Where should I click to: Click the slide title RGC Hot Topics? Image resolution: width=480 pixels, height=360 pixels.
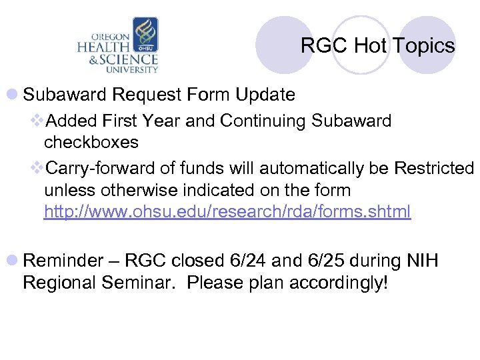(377, 46)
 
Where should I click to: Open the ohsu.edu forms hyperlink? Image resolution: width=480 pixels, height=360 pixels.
(227, 213)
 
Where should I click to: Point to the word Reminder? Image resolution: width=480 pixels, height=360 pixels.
(63, 260)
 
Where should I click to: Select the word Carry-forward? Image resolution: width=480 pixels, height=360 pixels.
(96, 167)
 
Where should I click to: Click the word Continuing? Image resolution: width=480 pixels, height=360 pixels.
(270, 121)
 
